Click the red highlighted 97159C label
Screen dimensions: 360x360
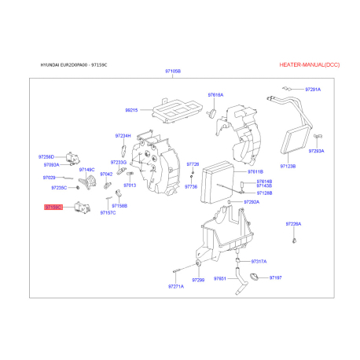[x=53, y=207]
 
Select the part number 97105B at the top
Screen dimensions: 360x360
[x=173, y=72]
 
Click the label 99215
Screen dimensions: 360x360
[x=130, y=110]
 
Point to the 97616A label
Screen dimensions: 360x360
[x=215, y=95]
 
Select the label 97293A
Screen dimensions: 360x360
[x=316, y=150]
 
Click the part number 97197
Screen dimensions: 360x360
[x=275, y=278]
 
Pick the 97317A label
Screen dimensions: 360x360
[x=259, y=261]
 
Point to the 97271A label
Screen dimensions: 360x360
[x=175, y=286]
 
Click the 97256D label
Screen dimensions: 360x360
[x=47, y=156]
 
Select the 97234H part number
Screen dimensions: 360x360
[x=123, y=135]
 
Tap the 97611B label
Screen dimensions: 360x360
[x=255, y=171]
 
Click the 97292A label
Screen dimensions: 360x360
[x=252, y=202]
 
